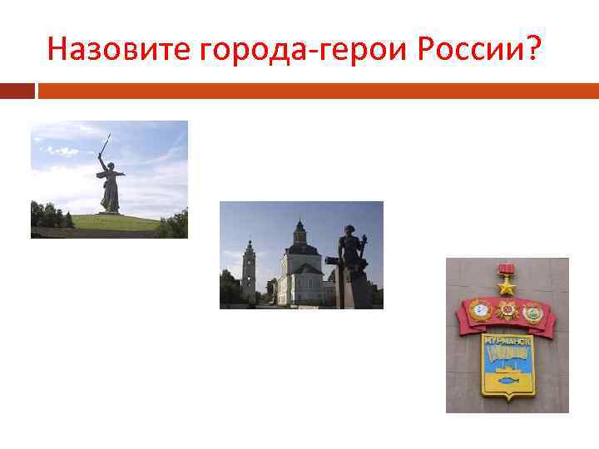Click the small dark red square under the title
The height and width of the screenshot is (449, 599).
tap(17, 90)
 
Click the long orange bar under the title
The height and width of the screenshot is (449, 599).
tap(316, 90)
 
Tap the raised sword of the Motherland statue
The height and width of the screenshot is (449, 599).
tap(105, 145)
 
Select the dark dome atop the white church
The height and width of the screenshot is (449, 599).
tap(300, 228)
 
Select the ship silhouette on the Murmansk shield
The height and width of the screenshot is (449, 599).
tap(506, 355)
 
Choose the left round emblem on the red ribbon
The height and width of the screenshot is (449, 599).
tap(480, 311)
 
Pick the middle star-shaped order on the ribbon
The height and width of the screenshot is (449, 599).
tap(507, 311)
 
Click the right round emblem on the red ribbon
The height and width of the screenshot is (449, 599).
tap(532, 311)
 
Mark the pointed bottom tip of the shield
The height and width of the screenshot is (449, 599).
tap(507, 399)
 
